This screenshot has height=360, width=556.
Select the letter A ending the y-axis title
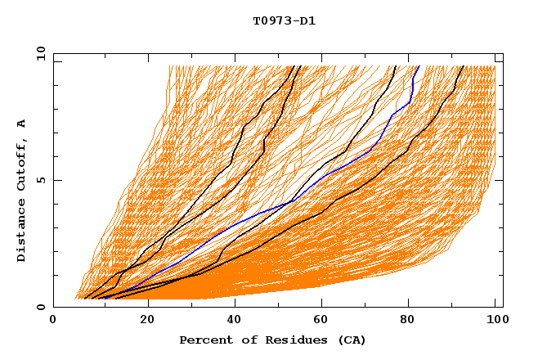tap(22, 123)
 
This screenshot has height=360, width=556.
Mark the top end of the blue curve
tap(419, 67)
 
